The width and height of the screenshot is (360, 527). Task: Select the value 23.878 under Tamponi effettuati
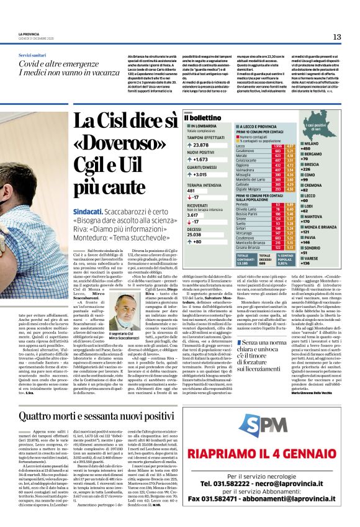tap(205, 144)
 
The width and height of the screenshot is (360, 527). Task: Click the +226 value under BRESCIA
tap(323, 169)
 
